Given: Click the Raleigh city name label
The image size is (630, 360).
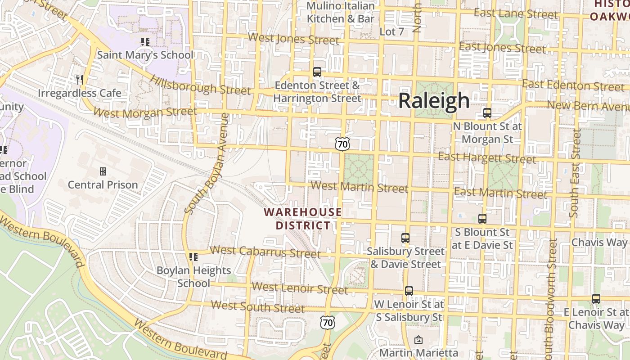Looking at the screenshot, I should coord(434,101).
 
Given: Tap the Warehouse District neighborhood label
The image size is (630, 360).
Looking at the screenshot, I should coord(302,218).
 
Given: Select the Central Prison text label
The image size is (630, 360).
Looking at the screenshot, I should coord(103,185).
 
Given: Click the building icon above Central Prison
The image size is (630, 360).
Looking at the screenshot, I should coord(103,171).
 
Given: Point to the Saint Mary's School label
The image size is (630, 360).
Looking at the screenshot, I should coord(145,55).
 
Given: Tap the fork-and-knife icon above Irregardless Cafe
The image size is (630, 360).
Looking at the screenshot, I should coord(80,80).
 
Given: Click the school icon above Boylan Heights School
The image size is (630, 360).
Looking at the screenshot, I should coord(193,257).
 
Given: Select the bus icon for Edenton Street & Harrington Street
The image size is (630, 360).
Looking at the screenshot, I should coord(317,72).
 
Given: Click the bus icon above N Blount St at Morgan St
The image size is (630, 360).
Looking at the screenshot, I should coord(487,113).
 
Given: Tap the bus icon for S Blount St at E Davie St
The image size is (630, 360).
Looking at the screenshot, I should coord(482,219).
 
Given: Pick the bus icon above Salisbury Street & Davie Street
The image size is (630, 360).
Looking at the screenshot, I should coord(405,238).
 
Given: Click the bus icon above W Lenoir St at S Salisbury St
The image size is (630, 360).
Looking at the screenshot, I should coord(409,291).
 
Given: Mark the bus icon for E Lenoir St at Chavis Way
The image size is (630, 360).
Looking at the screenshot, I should coord(596,299).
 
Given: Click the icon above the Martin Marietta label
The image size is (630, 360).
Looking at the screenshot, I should coord(418,340).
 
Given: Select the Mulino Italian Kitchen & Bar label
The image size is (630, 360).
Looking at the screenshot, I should coord(341,12).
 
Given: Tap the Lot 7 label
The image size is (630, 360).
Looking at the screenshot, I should coord(392,31).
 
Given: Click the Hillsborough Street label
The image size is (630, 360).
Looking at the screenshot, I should coord(200,85).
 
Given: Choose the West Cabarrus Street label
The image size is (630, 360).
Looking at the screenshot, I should coord(265,252).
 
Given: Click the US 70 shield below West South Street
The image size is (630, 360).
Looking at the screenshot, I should coord(328,322).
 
